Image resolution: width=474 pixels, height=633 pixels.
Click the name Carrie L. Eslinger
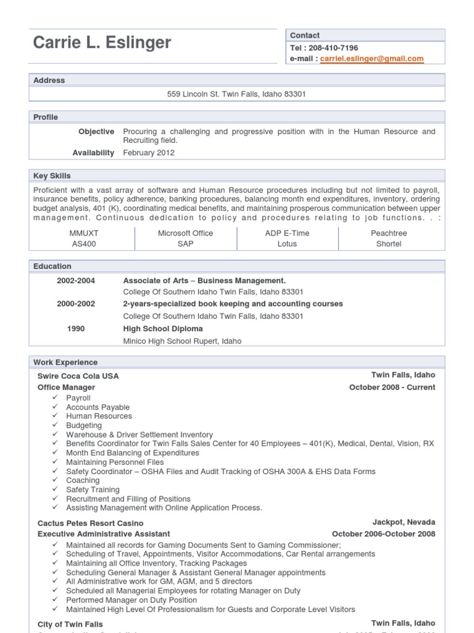click(102, 43)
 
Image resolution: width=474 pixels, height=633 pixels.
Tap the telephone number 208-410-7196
click(333, 48)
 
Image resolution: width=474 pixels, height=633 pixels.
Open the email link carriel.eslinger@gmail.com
click(372, 59)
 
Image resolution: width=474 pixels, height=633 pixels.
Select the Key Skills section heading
click(52, 176)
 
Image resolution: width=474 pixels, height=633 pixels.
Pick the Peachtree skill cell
click(389, 233)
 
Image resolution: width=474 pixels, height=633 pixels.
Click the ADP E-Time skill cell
click(287, 233)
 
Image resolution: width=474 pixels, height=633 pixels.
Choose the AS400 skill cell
click(84, 244)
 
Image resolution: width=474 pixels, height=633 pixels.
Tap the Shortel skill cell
click(389, 244)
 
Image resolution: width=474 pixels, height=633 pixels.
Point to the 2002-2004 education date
click(76, 281)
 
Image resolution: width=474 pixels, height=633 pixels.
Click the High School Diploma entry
click(163, 329)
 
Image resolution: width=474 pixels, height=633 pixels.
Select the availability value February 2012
click(149, 153)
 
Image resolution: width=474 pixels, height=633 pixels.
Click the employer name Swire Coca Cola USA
click(78, 376)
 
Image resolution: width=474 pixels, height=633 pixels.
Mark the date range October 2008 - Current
click(392, 388)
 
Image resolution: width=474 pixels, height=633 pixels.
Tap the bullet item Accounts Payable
click(98, 407)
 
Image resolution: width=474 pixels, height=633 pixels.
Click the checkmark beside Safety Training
click(56, 490)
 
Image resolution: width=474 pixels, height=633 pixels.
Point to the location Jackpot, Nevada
click(404, 522)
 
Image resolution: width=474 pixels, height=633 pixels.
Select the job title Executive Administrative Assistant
click(104, 534)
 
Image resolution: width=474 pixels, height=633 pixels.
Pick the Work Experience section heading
click(65, 362)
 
